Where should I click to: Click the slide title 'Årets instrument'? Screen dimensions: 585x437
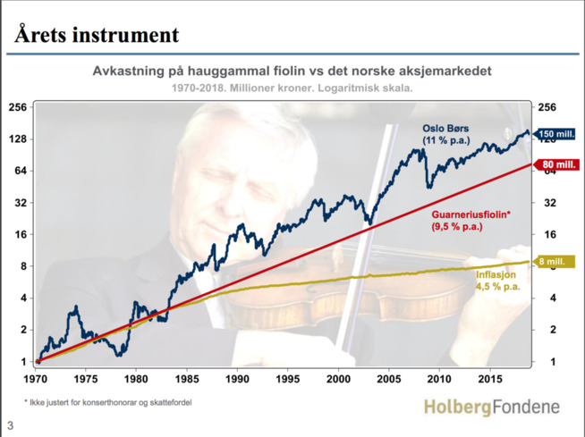point(97,35)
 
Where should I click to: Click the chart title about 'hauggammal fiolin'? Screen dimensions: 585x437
point(292,71)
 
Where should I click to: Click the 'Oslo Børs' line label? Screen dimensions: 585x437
point(445,129)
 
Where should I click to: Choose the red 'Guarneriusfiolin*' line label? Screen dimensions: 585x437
point(471,214)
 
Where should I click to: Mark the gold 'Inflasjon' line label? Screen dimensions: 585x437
point(496,275)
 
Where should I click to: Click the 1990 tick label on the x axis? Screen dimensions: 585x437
point(237,379)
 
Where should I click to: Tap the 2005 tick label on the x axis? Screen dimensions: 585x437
point(389,379)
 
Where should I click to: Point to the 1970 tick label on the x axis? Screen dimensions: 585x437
point(36,379)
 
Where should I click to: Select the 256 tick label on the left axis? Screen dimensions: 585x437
point(18,107)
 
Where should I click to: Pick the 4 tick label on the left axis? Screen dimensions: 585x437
point(24,298)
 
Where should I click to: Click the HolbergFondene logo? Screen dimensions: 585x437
point(492,407)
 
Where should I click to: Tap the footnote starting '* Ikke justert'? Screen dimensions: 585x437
point(108,403)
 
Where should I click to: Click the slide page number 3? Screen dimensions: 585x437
point(10,425)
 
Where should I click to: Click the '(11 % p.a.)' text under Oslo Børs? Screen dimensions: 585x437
point(446,140)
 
